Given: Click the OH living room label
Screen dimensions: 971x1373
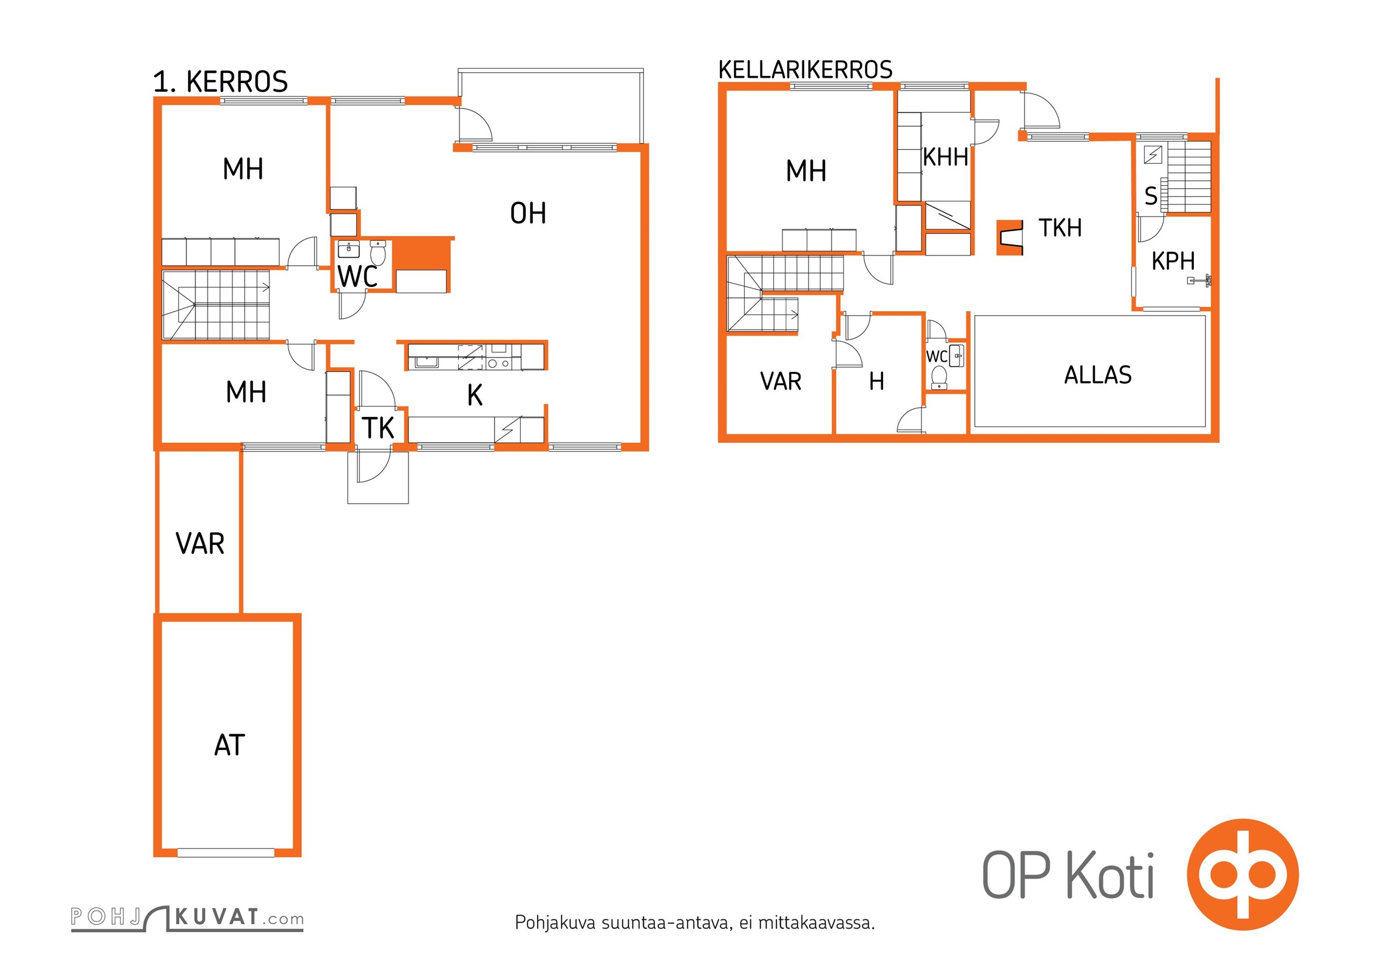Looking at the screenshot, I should [x=527, y=214].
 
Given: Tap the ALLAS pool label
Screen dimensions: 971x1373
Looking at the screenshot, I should [x=1097, y=375].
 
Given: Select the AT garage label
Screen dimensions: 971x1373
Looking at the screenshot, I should [x=229, y=745].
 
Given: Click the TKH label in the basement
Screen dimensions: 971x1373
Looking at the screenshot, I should [x=1060, y=228].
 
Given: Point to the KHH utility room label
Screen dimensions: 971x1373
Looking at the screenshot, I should [x=945, y=157].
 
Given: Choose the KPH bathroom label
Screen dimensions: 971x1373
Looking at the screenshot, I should [x=1173, y=262].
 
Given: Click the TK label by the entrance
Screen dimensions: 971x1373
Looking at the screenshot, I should [x=378, y=428].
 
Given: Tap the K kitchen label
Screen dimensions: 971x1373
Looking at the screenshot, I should [x=475, y=396].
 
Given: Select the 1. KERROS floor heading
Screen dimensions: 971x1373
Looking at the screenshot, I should [x=220, y=82].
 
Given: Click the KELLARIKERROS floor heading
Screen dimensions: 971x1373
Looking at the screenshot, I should [x=805, y=70].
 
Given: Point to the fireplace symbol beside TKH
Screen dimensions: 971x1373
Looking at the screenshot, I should [x=1011, y=237].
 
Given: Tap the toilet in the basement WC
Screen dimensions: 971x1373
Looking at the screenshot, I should [x=939, y=377].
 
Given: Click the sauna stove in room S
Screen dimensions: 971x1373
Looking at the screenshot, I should [x=1153, y=155].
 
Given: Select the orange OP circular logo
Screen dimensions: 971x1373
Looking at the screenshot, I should [x=1242, y=875].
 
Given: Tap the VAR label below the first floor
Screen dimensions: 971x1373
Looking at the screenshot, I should [x=200, y=544].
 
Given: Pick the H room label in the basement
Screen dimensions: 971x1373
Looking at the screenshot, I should [x=876, y=382].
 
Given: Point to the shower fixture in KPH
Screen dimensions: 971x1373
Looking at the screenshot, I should [x=1199, y=280].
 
